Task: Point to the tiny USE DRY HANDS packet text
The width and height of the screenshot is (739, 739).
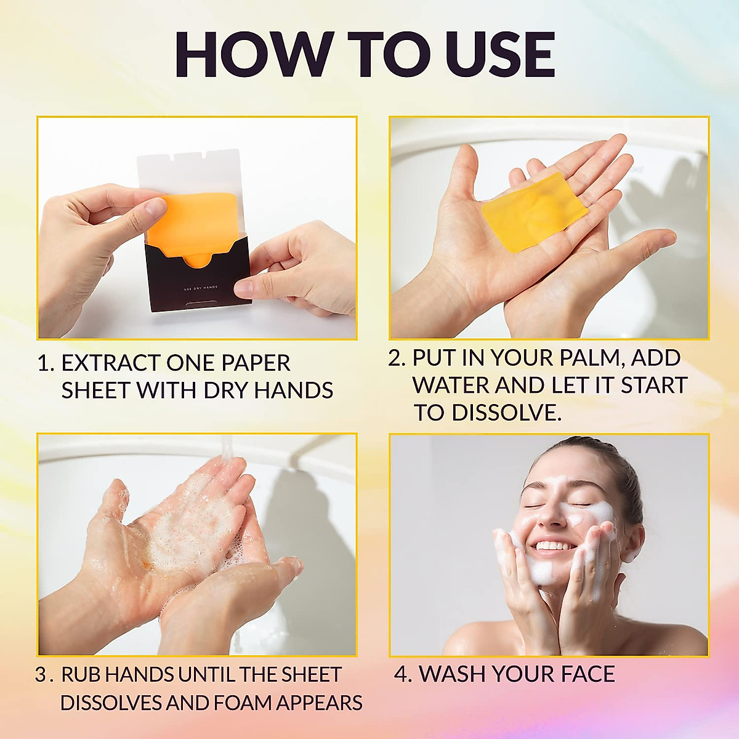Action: pos(201,288)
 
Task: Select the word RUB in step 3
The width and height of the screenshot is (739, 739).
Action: pos(81,675)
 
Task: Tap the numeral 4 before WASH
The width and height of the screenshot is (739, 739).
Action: pos(402,674)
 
